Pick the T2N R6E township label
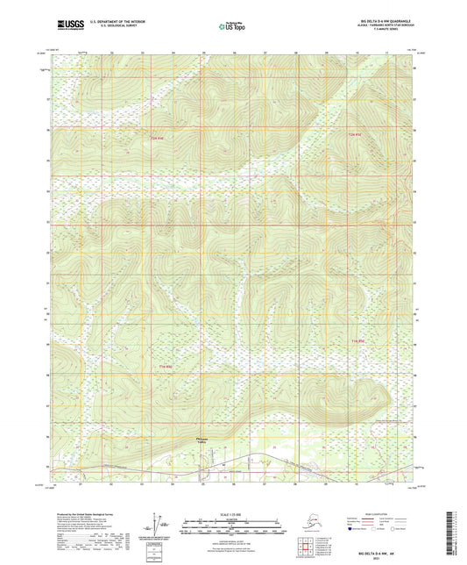tap(354, 134)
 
